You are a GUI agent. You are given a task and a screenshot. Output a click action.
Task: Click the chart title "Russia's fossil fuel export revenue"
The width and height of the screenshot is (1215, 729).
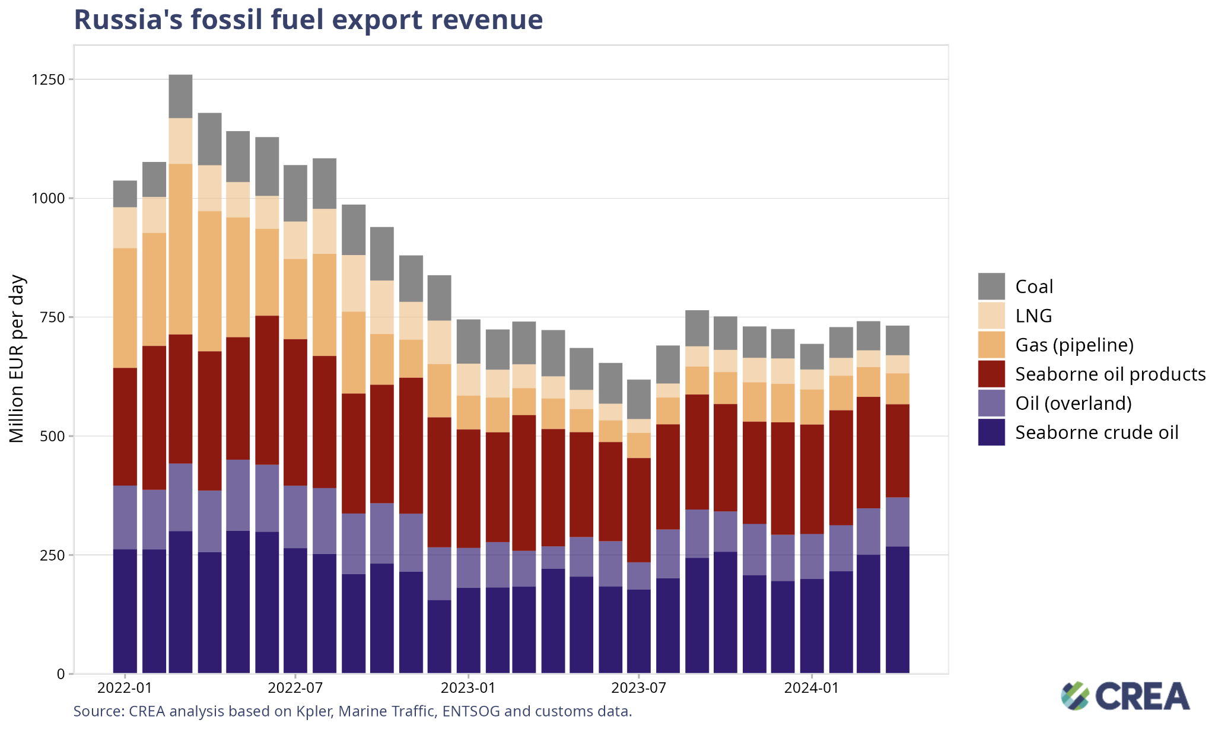308,20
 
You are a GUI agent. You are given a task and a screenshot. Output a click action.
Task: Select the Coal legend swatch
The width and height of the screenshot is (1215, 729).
991,286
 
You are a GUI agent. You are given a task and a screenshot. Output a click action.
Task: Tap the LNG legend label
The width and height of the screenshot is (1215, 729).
1033,316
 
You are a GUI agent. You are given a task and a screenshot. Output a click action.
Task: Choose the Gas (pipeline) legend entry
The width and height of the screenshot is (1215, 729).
1074,345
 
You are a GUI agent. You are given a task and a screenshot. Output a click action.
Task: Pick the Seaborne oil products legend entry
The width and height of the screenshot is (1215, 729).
1110,374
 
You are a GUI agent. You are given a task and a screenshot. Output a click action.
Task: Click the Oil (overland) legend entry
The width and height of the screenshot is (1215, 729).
1073,403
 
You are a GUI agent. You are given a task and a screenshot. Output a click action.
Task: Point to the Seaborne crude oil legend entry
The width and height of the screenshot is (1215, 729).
1096,432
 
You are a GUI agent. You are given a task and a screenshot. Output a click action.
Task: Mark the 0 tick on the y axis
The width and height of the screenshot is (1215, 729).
61,674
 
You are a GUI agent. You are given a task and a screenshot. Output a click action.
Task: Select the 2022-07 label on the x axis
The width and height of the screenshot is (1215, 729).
295,689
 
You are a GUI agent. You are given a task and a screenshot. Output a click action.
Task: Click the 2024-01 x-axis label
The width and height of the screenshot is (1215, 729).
811,689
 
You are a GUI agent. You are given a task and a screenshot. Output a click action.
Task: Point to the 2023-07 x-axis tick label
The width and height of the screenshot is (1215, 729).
639,689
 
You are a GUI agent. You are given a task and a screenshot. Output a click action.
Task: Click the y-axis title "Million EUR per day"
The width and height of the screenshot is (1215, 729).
17,359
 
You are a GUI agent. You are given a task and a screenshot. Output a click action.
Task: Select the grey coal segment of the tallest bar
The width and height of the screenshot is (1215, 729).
180,96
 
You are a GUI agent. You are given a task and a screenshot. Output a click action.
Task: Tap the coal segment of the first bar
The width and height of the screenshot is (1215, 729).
125,194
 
